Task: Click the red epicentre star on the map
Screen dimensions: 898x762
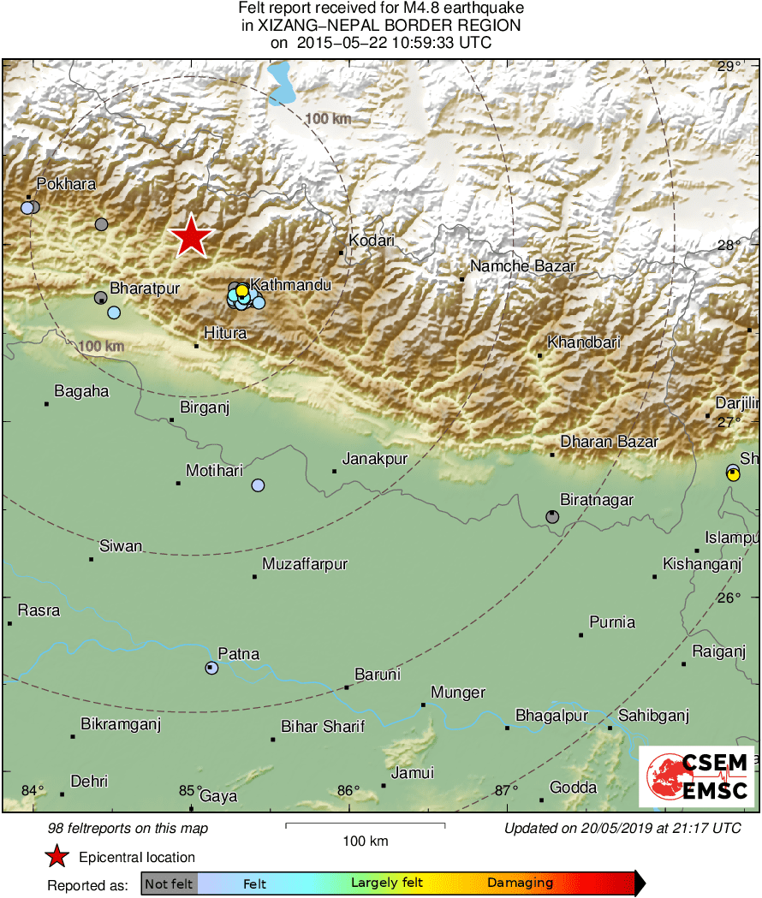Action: [x=191, y=236]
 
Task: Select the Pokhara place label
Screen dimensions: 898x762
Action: [x=66, y=184]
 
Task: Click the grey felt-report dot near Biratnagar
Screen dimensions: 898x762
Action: [x=552, y=516]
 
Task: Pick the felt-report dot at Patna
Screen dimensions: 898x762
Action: [x=211, y=668]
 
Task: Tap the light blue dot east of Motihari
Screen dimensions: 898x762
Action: [x=258, y=485]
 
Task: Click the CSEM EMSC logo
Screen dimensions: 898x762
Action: [x=699, y=776]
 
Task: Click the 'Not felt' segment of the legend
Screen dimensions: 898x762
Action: [x=169, y=883]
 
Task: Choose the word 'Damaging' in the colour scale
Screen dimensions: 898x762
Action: [x=520, y=883]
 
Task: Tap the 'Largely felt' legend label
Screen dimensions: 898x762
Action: [x=384, y=883]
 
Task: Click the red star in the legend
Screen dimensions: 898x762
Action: [x=57, y=856]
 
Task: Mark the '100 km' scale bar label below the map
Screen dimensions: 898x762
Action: [x=365, y=841]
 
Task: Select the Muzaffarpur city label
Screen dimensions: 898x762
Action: [x=305, y=564]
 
